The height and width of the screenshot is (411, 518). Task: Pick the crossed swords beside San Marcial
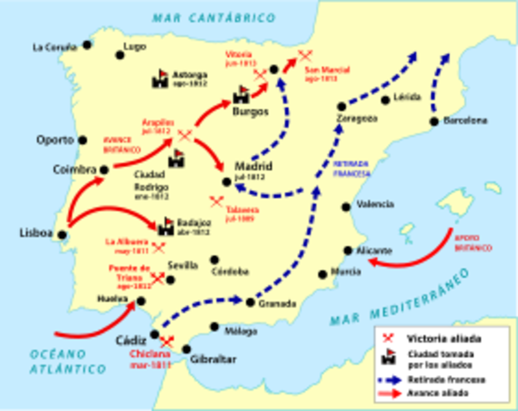(304, 57)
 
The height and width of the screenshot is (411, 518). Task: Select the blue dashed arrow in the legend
(390, 378)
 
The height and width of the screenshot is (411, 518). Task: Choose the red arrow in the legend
(390, 392)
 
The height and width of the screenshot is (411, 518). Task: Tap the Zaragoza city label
(357, 119)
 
